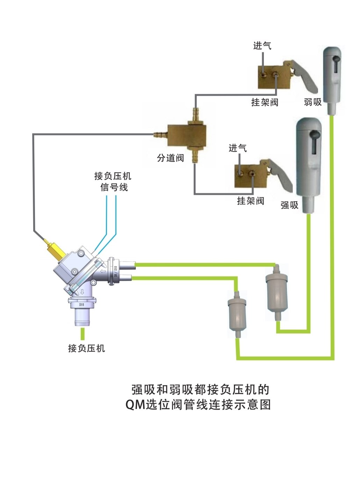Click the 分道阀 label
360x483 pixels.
click(170, 158)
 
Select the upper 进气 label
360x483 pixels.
click(262, 46)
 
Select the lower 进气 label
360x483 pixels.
click(238, 148)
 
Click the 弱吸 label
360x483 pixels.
click(312, 102)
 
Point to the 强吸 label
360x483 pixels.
click(289, 205)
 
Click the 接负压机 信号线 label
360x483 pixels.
click(113, 182)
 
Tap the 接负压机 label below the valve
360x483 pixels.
click(86, 348)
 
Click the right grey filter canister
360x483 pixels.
click(277, 291)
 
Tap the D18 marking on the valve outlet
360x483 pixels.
click(81, 304)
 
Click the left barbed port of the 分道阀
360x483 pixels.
click(160, 134)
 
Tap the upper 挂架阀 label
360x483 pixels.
click(265, 102)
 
